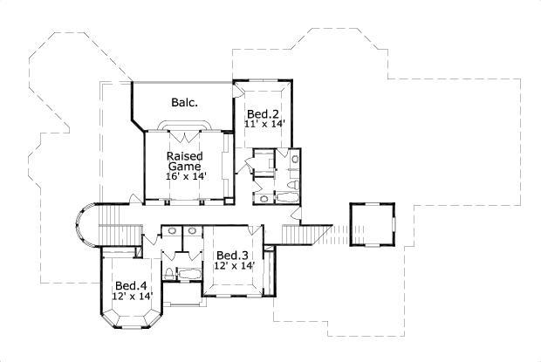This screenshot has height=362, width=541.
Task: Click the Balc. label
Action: coord(184,102)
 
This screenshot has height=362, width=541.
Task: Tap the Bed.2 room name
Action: coord(262,114)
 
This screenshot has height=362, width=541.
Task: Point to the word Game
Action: coord(184,166)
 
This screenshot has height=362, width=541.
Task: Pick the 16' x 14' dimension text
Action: coord(184,176)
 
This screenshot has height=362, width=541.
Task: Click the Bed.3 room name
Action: coord(233,255)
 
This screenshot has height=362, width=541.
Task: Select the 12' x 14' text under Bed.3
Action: coord(233,266)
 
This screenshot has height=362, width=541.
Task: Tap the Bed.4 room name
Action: coord(131,285)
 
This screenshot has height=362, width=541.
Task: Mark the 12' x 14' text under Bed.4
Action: coord(132,297)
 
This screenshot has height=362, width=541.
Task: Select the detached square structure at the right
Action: coord(372,225)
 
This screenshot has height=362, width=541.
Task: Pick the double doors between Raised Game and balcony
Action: coord(184,134)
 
